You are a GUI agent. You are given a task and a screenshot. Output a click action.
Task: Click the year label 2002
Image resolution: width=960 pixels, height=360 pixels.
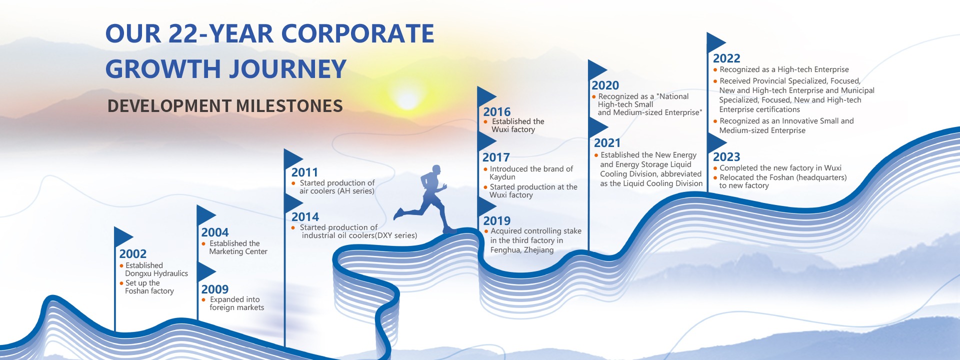coord(133,254)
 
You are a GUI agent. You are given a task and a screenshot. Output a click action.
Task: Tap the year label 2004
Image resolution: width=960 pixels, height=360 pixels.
coord(215,232)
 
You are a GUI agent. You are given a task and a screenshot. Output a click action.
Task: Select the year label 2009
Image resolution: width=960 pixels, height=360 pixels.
coord(215,289)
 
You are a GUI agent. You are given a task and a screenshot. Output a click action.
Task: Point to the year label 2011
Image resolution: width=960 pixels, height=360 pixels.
coord(305,172)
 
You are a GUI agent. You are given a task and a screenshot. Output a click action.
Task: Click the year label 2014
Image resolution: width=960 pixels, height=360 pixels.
coord(305,217)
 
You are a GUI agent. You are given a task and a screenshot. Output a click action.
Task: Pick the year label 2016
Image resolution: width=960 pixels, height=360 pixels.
coord(497,112)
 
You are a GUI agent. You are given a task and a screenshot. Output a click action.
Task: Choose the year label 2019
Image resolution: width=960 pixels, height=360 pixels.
coord(497,221)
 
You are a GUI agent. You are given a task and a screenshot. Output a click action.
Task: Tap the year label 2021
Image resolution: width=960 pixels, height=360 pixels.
coord(607,143)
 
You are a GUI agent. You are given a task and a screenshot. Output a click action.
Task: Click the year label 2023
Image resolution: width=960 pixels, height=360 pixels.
coord(726,157)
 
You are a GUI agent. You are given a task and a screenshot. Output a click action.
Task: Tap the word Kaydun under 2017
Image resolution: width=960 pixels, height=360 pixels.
coord(502,177)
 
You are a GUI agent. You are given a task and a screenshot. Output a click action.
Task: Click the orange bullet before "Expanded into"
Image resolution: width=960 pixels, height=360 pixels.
coord(203,300)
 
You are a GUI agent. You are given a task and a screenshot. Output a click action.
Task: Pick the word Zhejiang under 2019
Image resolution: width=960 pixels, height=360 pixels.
coord(539,250)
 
